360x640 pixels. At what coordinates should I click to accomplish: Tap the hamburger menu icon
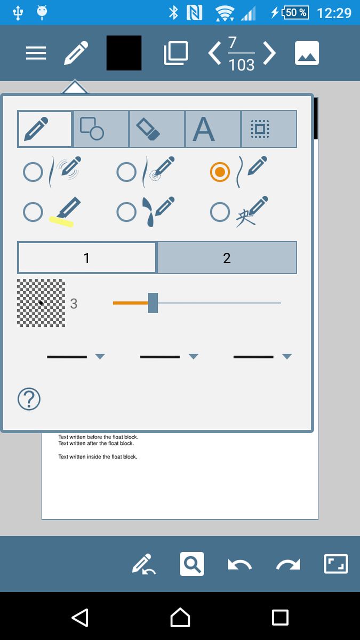[36, 53]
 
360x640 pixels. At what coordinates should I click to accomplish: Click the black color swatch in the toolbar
[124, 53]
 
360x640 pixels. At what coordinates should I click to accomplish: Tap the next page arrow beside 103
[269, 53]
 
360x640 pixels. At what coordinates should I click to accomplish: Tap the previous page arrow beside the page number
[214, 53]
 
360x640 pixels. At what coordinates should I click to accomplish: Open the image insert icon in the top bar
[307, 53]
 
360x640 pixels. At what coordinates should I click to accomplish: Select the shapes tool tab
[101, 129]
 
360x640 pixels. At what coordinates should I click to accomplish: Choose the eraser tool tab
[157, 129]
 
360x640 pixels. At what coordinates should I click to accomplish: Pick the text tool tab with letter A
[213, 129]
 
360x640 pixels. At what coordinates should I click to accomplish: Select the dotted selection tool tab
[269, 129]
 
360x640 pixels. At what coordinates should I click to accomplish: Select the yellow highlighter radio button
[33, 212]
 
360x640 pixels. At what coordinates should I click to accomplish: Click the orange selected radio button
[220, 172]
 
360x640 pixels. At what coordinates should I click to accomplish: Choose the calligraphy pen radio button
[220, 212]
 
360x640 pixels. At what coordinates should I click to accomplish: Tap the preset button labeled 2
[227, 258]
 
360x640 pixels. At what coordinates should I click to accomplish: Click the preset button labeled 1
[86, 258]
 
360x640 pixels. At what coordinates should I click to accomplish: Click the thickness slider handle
[153, 303]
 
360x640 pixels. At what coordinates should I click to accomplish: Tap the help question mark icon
[29, 399]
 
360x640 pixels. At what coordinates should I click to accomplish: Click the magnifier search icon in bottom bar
[192, 564]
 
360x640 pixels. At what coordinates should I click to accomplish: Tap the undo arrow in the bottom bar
[239, 565]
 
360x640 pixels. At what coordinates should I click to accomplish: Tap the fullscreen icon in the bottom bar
[336, 564]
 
